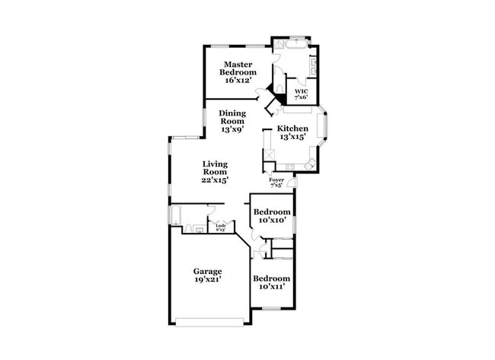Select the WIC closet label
[x=301, y=91]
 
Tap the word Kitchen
[x=292, y=129]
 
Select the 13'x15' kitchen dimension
[x=292, y=138]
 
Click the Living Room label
[x=215, y=168]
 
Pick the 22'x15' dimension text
[x=215, y=181]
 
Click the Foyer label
[x=276, y=180]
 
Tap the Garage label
[x=207, y=271]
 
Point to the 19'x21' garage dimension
[x=207, y=280]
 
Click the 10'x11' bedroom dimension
[x=272, y=288]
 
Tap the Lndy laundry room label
[x=221, y=226]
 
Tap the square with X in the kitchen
[x=269, y=155]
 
